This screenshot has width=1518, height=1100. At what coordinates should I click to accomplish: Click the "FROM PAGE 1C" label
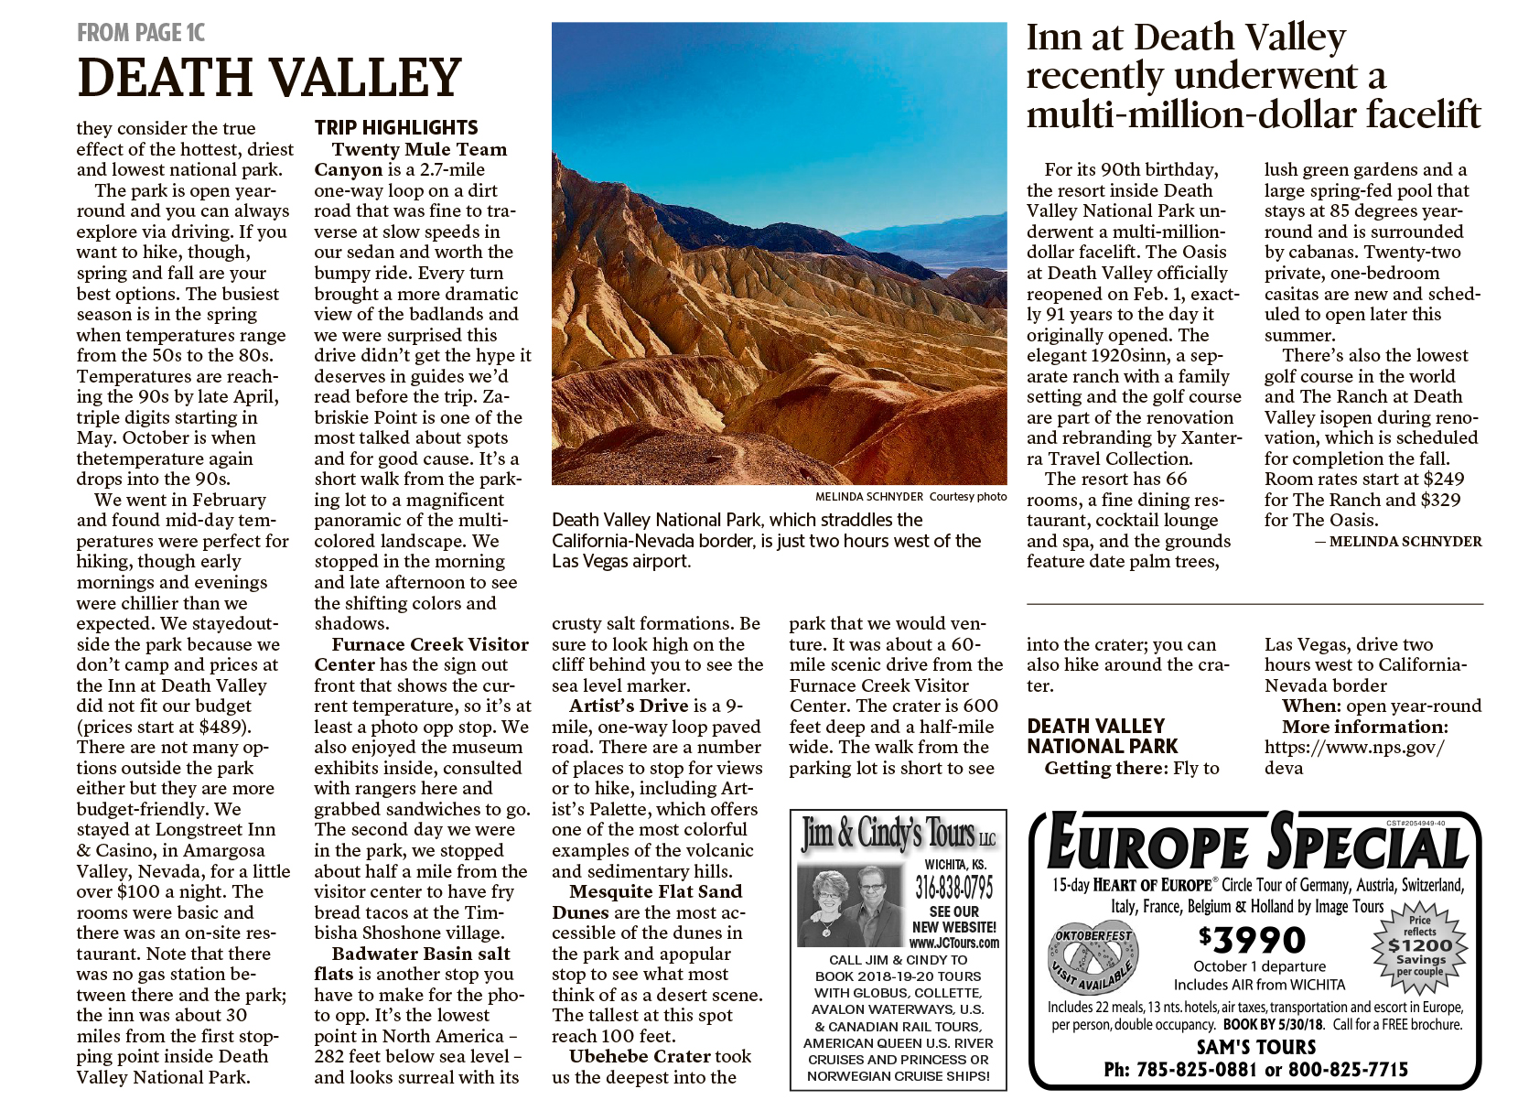point(141,33)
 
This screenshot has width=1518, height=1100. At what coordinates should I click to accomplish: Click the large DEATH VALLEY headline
point(270,78)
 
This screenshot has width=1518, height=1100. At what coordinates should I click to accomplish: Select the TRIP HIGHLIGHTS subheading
point(396,128)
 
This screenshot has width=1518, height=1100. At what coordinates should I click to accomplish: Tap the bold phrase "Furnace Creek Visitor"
point(430,644)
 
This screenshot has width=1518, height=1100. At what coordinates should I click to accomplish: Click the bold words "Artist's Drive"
point(629,706)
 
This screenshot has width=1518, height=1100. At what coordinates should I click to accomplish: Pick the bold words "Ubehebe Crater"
point(641,1056)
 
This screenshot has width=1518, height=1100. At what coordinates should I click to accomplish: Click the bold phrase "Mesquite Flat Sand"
point(655,891)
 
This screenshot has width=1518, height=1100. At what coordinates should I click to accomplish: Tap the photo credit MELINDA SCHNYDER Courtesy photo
point(910,496)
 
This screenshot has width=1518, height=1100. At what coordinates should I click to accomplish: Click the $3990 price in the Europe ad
point(1252,940)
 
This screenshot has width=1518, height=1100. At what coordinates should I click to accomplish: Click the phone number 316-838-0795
point(953,887)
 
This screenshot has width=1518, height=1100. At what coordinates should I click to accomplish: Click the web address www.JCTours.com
point(953,943)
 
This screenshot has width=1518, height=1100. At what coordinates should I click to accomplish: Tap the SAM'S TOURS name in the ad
point(1255,1047)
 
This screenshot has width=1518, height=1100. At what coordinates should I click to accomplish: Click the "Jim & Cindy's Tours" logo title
point(898,834)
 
